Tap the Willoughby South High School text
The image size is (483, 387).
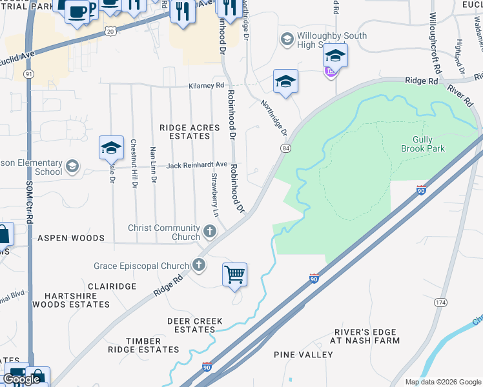(332, 41)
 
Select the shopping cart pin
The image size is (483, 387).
(234, 274)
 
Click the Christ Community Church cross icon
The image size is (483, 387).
(209, 231)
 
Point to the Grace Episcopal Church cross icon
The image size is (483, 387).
(199, 265)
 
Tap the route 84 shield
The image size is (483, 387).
(285, 148)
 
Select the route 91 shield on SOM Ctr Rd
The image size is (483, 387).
(29, 74)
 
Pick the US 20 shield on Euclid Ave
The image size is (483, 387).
(110, 30)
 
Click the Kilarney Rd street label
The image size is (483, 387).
(206, 85)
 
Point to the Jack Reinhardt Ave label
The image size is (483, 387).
(197, 166)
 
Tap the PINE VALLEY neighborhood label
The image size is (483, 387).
(303, 355)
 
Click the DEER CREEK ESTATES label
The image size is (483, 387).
(194, 325)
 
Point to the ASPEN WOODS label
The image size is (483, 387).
(71, 238)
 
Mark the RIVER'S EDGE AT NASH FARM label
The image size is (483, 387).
(365, 336)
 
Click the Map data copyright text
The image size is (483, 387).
(442, 382)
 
